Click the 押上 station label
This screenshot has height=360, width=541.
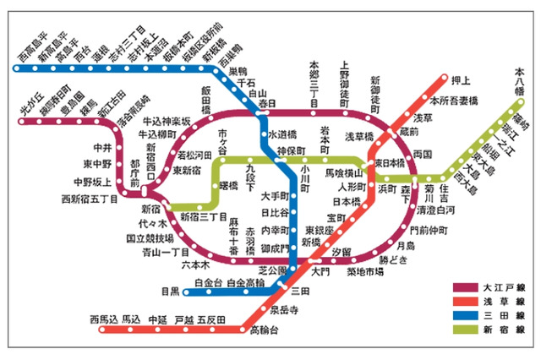[461, 82]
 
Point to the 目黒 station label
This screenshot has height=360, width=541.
[171, 292]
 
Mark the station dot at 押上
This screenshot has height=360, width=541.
[443, 82]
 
